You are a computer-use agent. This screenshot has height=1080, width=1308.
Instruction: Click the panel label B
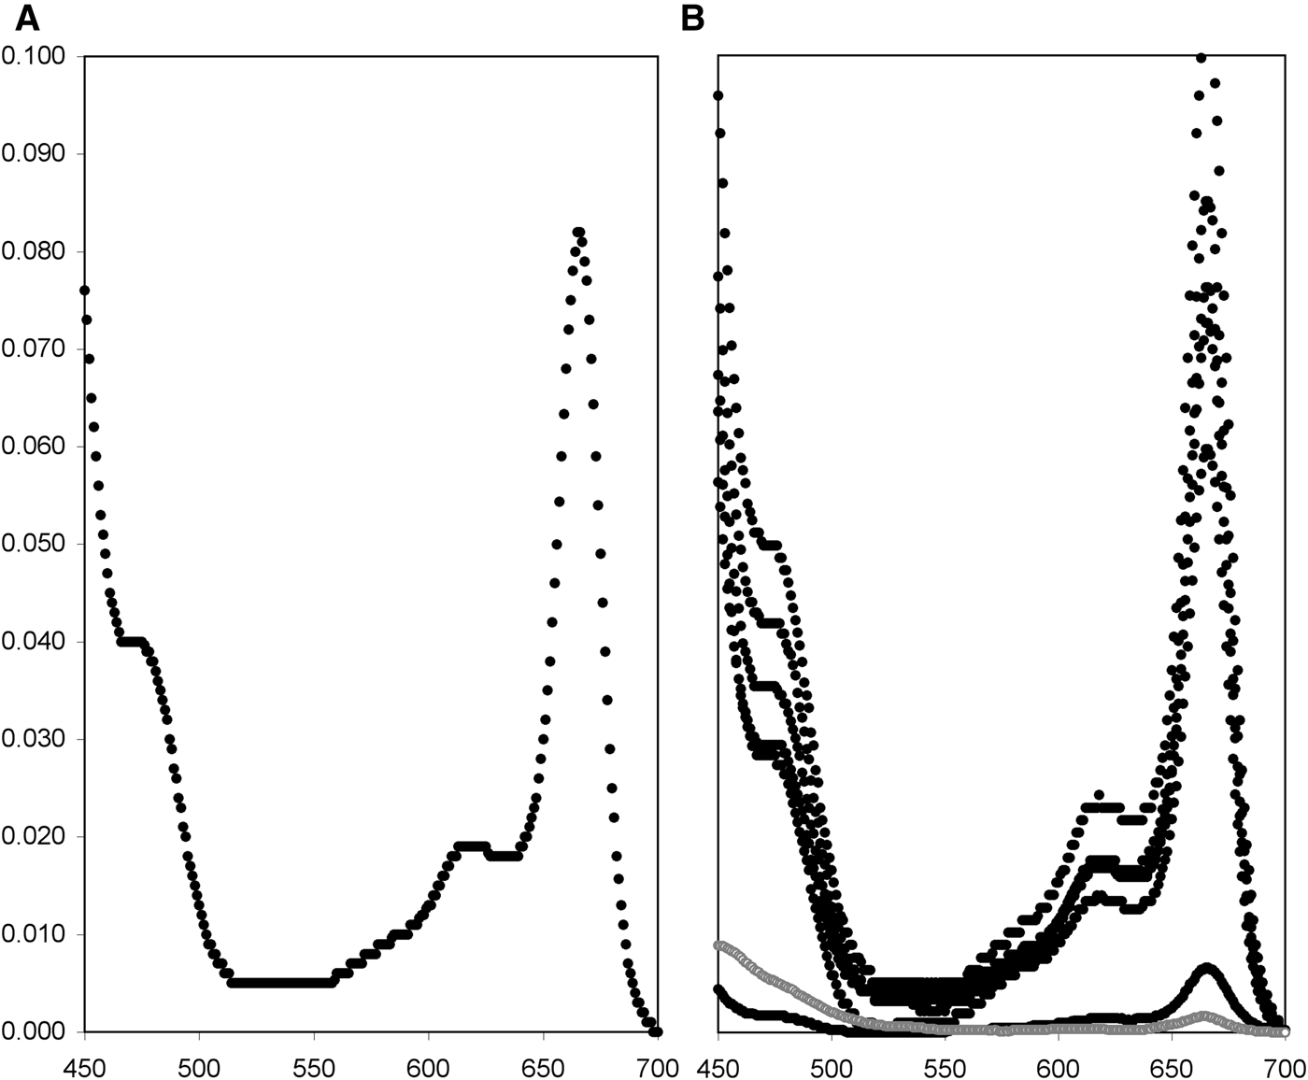point(692,17)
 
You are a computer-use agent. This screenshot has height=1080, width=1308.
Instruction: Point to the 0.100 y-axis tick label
point(34,57)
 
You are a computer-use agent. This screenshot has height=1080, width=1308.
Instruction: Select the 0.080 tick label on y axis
point(34,252)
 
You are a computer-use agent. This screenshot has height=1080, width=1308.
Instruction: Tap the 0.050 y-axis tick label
point(34,545)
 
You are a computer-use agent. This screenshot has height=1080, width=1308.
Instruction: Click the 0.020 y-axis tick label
point(34,837)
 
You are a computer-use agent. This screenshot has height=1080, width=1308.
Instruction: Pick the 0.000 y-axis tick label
point(34,1031)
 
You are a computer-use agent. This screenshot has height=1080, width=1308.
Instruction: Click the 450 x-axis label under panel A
point(84,1066)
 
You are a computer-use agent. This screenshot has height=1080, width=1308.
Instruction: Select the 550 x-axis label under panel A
point(314,1066)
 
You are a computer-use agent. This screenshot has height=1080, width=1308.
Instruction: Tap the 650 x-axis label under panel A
point(543,1066)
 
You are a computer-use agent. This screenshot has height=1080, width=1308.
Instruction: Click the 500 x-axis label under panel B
point(832,1066)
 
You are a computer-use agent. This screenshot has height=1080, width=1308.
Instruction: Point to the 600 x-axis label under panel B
point(1059,1066)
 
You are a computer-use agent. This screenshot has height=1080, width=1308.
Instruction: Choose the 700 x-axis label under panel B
point(1287,1066)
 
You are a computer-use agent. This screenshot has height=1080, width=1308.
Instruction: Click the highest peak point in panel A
point(578,232)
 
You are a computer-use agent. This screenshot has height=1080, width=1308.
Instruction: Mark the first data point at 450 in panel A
point(85,291)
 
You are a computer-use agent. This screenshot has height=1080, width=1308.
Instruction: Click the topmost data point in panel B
point(1201,58)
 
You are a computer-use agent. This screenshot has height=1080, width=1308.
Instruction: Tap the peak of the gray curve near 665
point(1206,1016)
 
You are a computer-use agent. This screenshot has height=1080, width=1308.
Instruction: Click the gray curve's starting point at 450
point(718,945)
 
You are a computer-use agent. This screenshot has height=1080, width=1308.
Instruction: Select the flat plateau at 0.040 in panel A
point(132,642)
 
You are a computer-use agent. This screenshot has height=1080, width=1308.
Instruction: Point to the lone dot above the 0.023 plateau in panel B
point(1100,795)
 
